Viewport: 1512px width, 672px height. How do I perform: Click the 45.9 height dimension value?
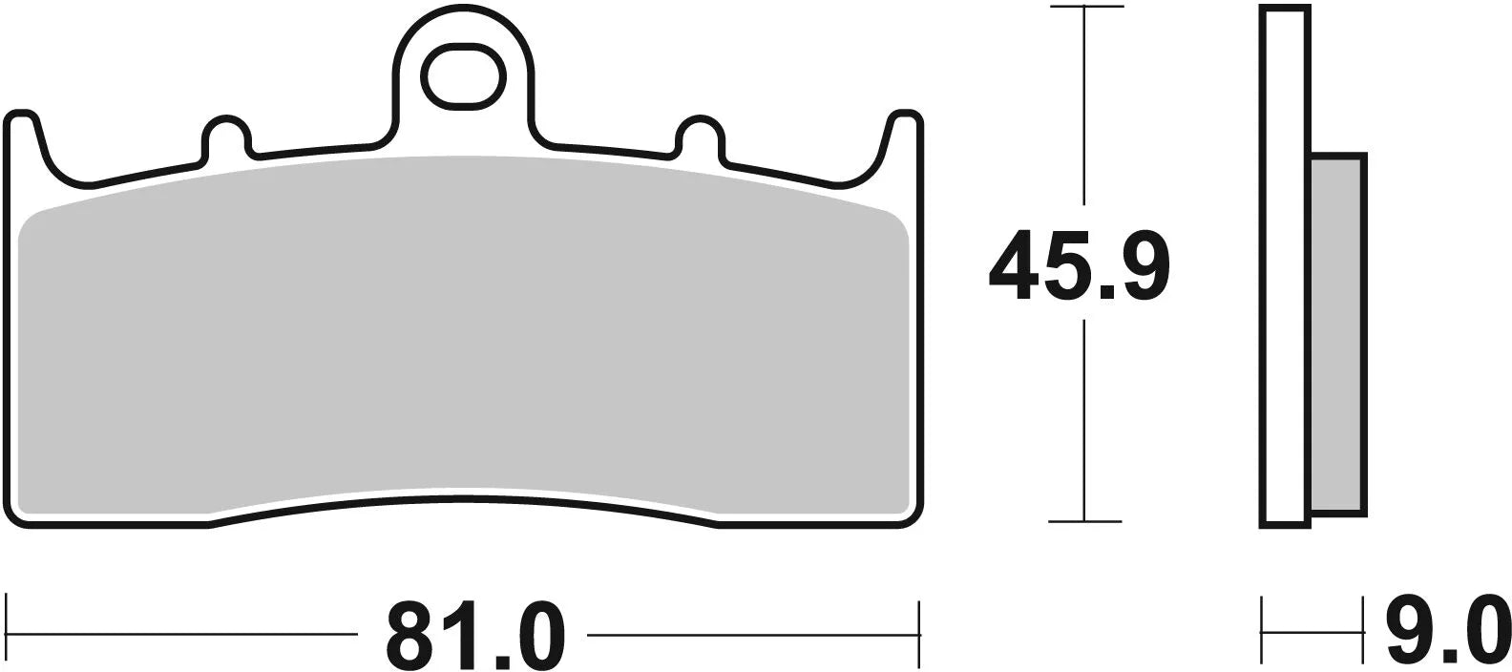1079,265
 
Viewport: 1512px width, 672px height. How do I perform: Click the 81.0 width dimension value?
475,634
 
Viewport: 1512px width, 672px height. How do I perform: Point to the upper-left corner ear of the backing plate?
24,124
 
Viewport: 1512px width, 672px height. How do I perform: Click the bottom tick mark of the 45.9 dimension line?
1084,521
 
